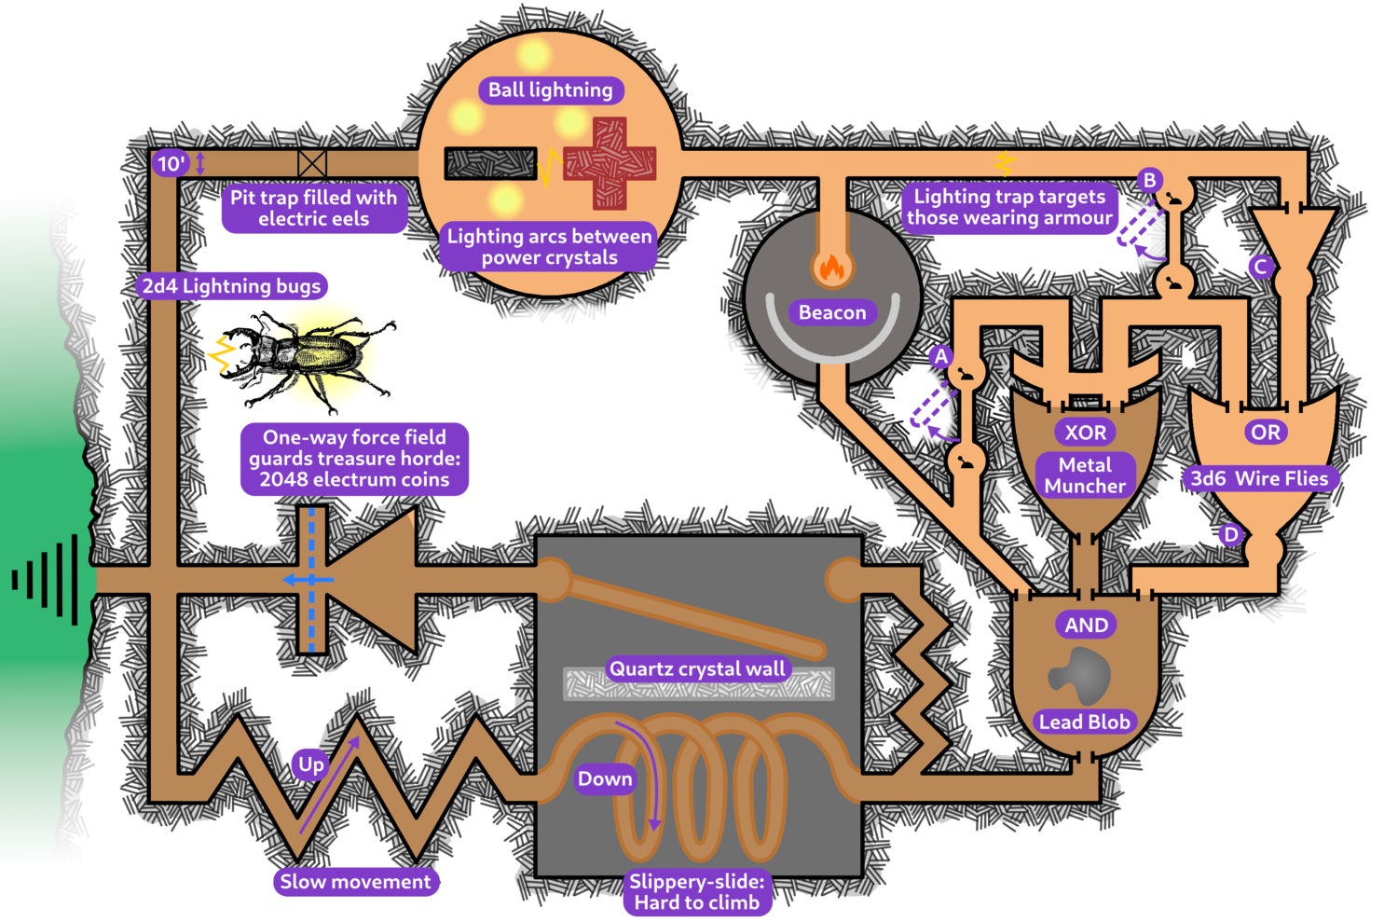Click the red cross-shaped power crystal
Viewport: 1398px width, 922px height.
coord(610,163)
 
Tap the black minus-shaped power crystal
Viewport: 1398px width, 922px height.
coord(490,163)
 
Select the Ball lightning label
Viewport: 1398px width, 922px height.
coord(551,90)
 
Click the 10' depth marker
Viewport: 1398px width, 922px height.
coord(171,164)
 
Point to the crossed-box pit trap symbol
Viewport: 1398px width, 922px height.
coord(312,164)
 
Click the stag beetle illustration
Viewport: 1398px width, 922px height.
coord(303,359)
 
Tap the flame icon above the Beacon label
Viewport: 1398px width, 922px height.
coord(830,268)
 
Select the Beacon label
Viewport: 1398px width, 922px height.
coord(832,312)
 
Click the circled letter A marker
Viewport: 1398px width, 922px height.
coord(941,356)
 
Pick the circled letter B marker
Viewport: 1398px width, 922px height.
coord(1150,180)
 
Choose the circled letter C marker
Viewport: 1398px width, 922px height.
coord(1261,268)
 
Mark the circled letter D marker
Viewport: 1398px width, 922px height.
coord(1231,534)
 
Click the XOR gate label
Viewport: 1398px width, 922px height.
coord(1086,433)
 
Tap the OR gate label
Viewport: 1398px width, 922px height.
coord(1265,433)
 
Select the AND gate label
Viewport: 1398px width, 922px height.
coord(1087,626)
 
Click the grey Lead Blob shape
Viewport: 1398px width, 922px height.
coord(1081,675)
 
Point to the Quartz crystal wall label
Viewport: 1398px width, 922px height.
coord(697,668)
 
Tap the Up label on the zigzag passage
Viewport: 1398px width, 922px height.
coord(311,764)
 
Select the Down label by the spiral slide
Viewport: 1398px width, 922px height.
coord(605,778)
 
